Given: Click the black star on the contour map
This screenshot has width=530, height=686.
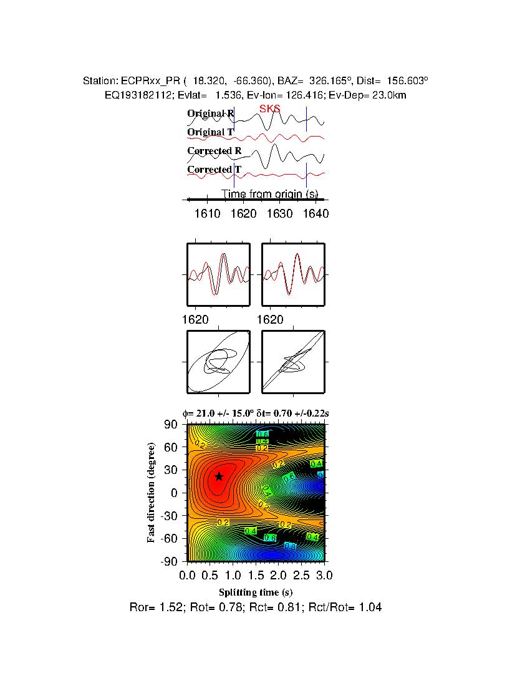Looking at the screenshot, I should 219,476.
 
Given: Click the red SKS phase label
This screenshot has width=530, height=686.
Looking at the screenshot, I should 269,109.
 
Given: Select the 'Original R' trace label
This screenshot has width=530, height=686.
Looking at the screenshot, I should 210,114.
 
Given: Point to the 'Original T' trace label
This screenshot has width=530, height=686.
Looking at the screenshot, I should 210,132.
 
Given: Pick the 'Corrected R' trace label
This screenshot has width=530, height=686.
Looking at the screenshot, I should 214,151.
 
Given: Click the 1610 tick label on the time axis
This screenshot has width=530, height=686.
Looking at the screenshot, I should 208,214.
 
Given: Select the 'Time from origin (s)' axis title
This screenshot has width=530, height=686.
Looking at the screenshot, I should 270,194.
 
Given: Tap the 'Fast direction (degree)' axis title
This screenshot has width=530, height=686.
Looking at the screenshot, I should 152,493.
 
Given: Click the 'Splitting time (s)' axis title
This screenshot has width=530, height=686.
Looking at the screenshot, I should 256,592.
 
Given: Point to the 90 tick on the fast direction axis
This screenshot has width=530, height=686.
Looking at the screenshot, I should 171,425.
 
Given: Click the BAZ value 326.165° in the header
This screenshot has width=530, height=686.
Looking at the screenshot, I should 331,81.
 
